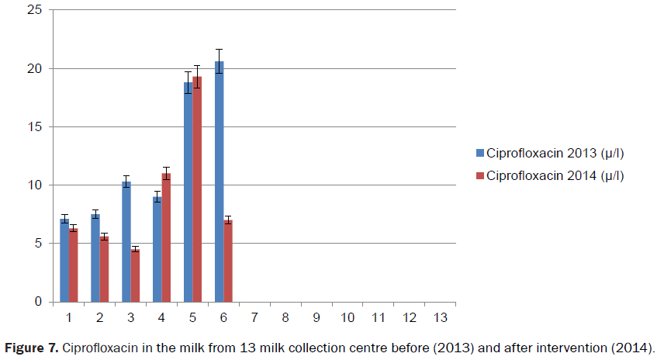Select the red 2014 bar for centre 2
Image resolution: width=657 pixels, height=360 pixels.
point(104,268)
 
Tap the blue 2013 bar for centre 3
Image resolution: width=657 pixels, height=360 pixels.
point(126,241)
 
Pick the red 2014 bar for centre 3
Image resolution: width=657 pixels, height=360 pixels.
point(135,275)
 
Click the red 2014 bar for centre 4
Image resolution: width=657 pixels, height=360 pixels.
point(166,237)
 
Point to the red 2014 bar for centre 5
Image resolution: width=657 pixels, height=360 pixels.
point(197,189)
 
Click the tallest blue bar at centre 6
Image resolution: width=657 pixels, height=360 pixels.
point(219,182)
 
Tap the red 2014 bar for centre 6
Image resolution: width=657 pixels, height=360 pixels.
point(228,261)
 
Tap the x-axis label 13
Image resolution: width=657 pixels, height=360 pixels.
point(440,317)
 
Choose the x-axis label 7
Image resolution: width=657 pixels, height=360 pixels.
point(254,317)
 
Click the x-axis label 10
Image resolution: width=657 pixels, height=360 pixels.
point(347,317)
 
